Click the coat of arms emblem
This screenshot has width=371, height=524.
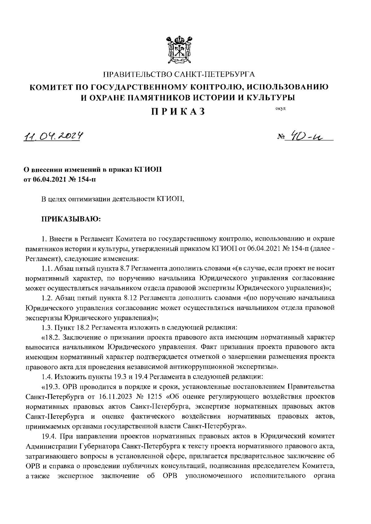pos(179,50)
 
